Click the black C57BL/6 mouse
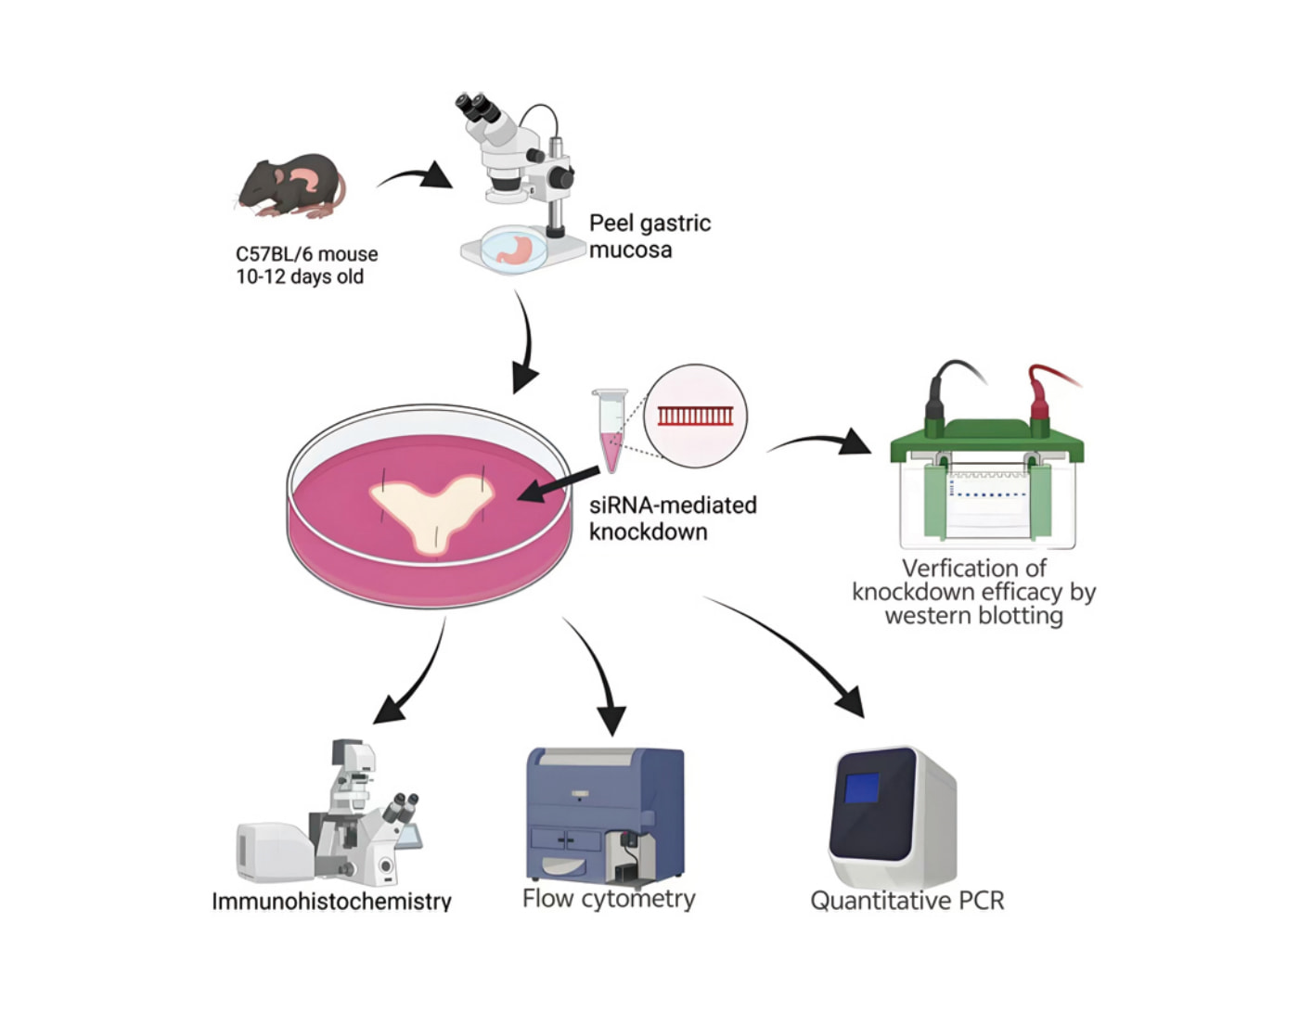[x=290, y=186]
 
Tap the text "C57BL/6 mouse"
[x=306, y=254]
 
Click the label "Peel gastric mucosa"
[x=649, y=236]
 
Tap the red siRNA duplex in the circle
[x=695, y=416]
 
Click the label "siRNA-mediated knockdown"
[x=673, y=518]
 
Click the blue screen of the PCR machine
[x=862, y=788]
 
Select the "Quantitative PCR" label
[x=907, y=901]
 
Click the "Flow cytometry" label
[x=609, y=899]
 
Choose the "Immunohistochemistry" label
[x=331, y=902]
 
